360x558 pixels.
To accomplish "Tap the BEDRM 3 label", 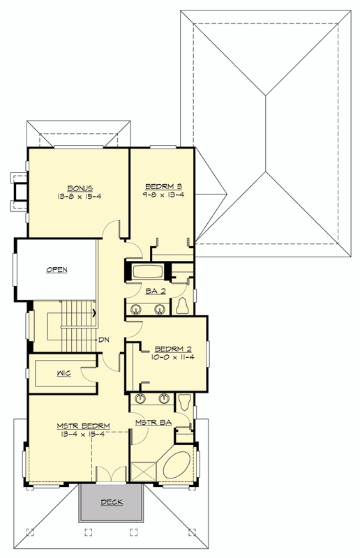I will [x=164, y=186].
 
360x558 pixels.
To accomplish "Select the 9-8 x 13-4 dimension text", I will [x=164, y=195].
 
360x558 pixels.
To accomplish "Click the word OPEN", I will [x=57, y=270].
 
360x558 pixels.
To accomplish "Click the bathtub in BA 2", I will [x=147, y=271].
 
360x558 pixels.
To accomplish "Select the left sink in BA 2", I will [x=135, y=308].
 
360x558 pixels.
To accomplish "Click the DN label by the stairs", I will [x=104, y=340].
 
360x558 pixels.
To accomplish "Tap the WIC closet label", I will [x=63, y=373].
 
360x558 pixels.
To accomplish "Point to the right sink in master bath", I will [x=165, y=400].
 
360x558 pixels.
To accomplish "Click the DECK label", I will [x=112, y=502].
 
